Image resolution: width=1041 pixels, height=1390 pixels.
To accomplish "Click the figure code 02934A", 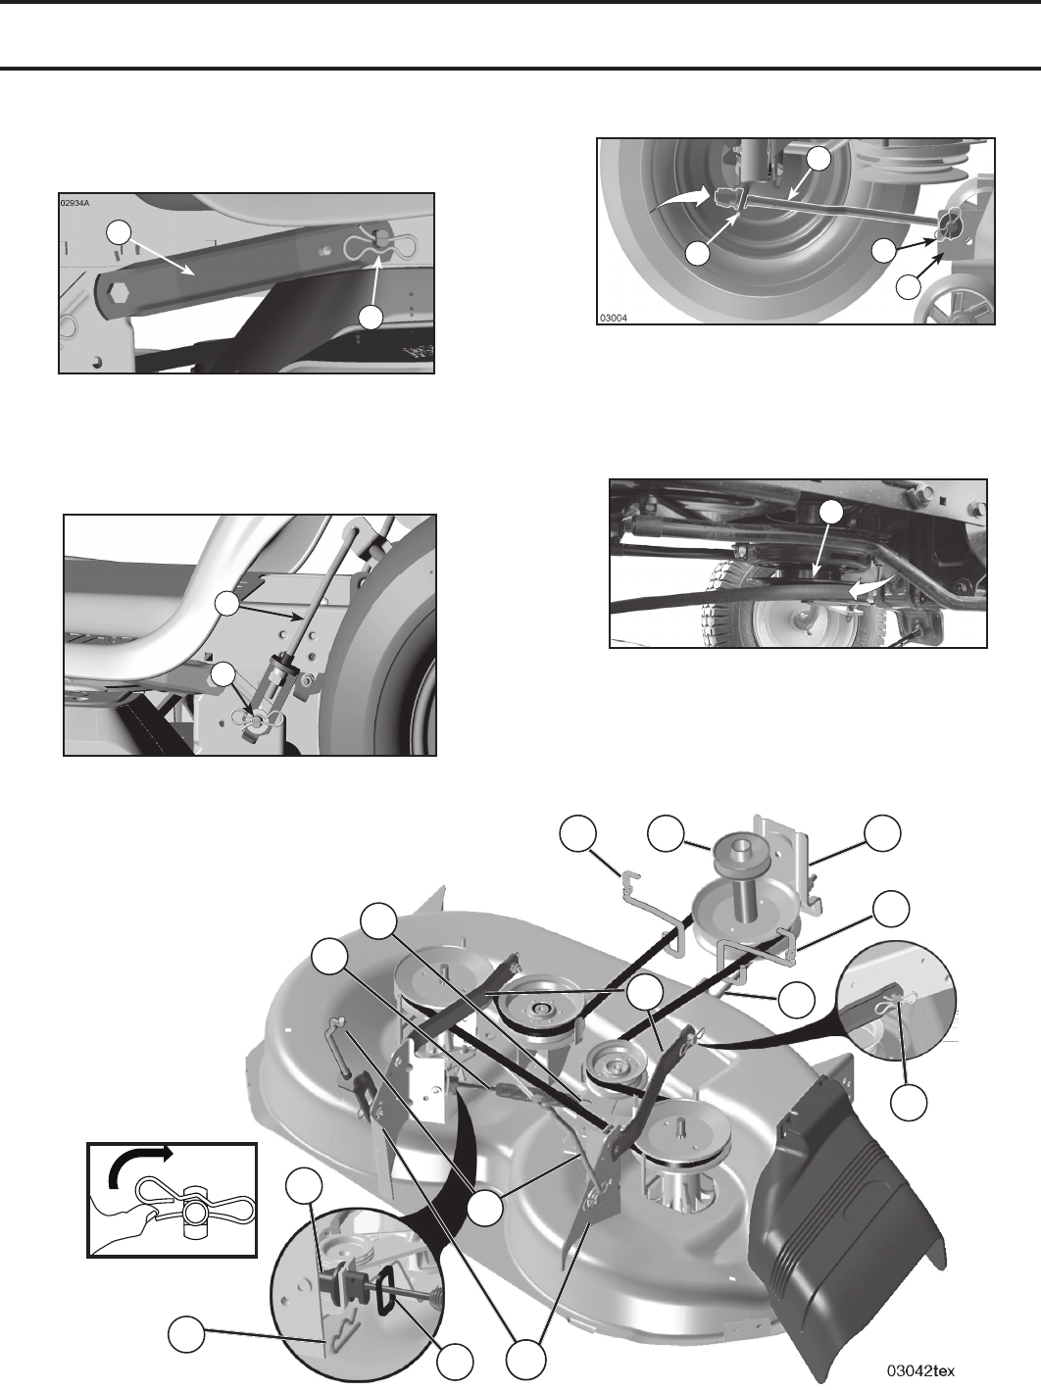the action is tap(74, 204).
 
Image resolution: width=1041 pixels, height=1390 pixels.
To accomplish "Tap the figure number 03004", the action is tap(614, 319).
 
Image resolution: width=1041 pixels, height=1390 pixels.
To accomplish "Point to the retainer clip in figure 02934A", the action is tap(380, 245).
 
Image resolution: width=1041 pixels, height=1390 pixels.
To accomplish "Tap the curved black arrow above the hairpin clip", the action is tap(138, 1166).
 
